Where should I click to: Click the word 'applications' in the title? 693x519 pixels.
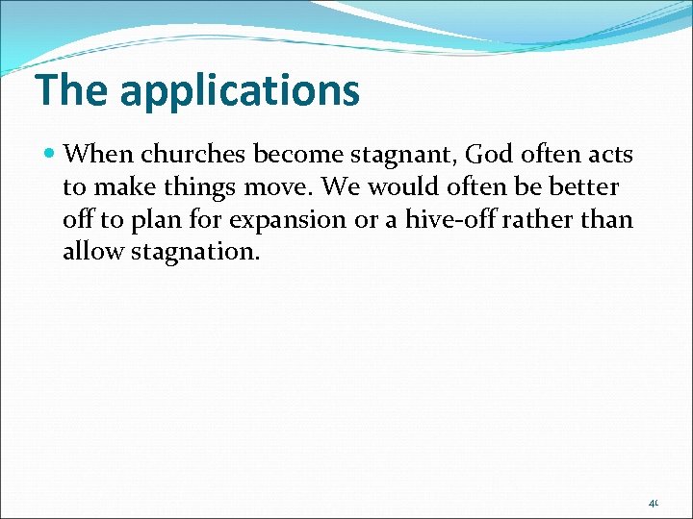coord(240,90)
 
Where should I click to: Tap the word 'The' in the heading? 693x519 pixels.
coord(72,89)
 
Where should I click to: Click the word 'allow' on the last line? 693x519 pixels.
coord(90,252)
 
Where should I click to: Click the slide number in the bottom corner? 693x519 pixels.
coord(653,502)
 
